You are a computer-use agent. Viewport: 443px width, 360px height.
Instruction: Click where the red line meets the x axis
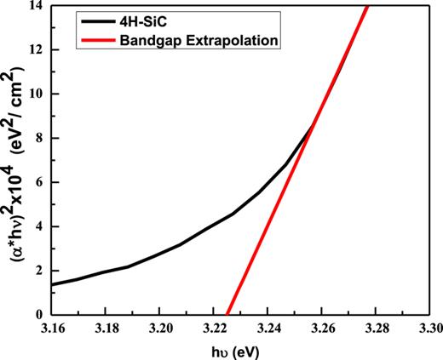[x=227, y=314]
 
